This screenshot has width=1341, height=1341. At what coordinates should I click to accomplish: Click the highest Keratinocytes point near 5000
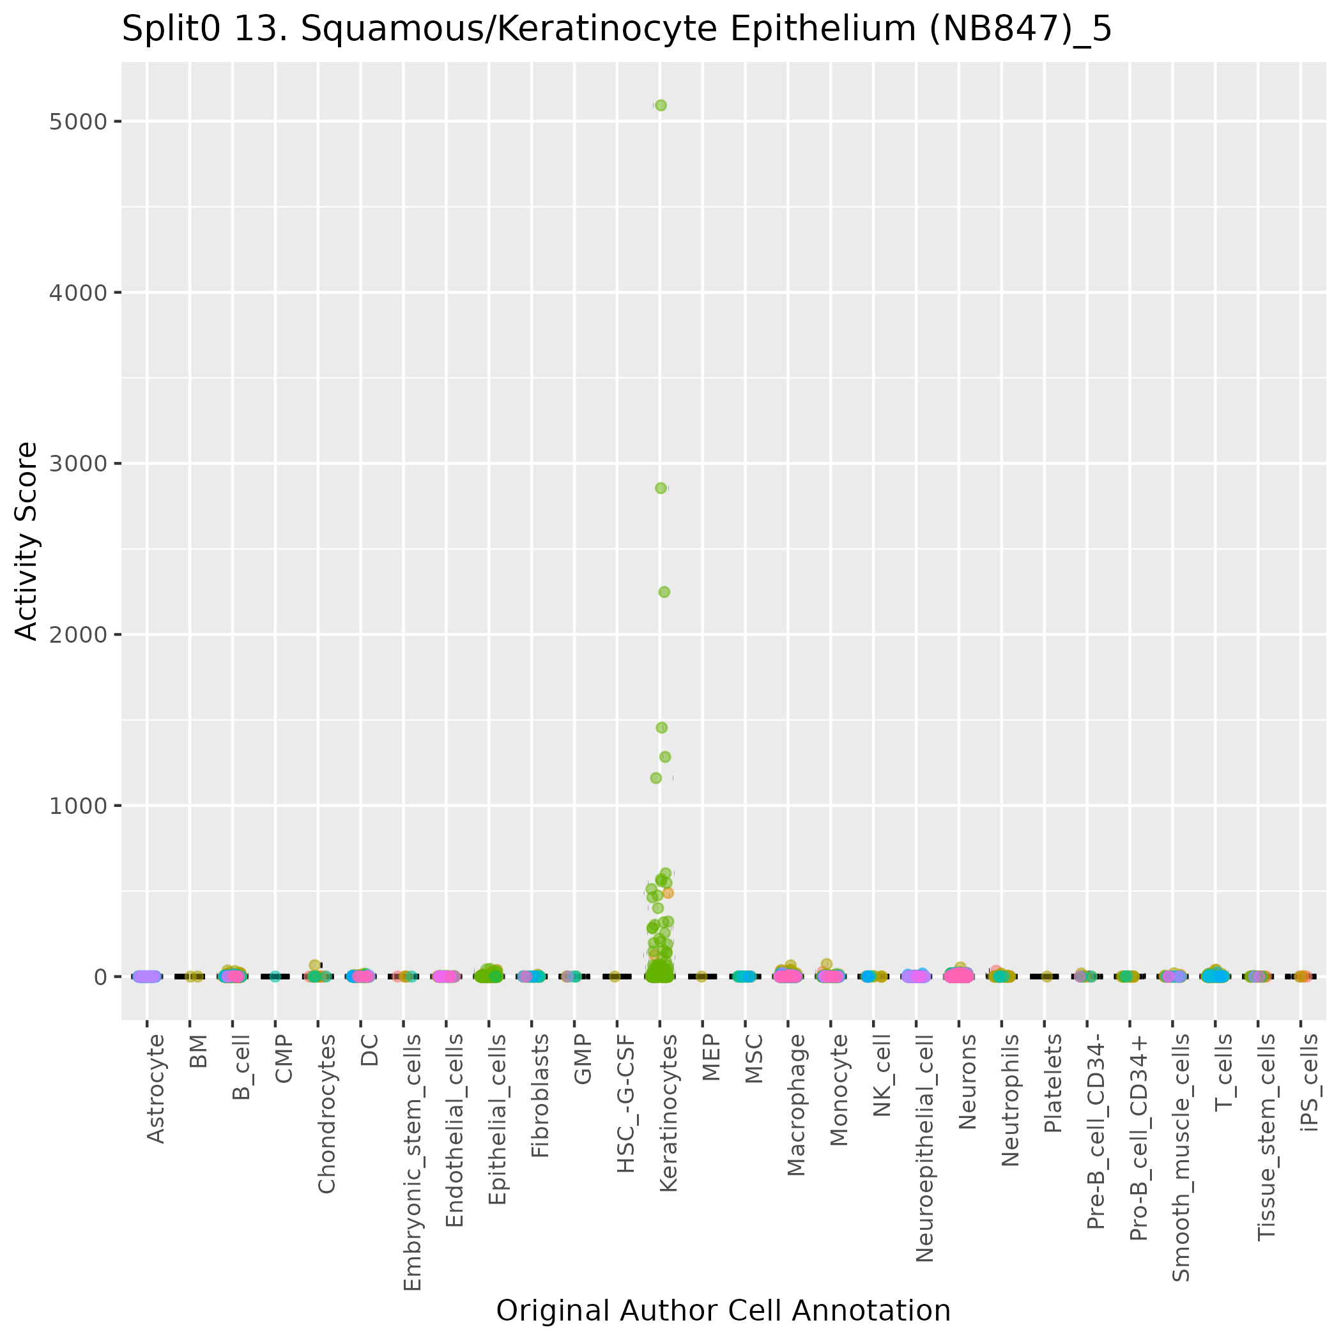(661, 105)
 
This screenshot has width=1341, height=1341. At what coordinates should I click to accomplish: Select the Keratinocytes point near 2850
(661, 488)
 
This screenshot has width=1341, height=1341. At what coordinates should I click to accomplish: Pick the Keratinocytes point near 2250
(664, 592)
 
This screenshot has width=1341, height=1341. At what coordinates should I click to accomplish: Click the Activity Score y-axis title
(27, 541)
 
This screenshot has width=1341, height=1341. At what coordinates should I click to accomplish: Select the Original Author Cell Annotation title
(723, 1311)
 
